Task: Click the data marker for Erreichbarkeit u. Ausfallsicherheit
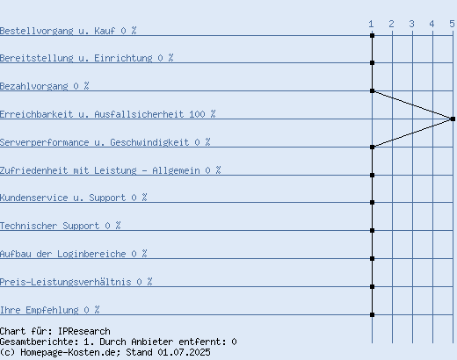(x=453, y=119)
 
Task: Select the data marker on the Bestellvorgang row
(x=372, y=35)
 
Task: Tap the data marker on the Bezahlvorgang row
(x=372, y=90)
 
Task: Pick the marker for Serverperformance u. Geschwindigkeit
(x=372, y=147)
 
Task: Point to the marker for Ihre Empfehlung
(x=372, y=314)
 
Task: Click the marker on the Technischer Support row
(x=372, y=230)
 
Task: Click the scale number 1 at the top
(x=371, y=24)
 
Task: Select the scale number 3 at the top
(x=411, y=24)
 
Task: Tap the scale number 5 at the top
(x=452, y=24)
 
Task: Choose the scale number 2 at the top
(x=391, y=24)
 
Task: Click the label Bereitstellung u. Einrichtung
(x=76, y=58)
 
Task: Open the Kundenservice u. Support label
(x=62, y=198)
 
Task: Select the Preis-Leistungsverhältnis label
(x=66, y=282)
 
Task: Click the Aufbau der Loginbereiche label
(x=62, y=254)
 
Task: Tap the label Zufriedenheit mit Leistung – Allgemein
(x=100, y=170)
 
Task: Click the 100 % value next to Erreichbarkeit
(x=202, y=114)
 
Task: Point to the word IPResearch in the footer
(x=84, y=331)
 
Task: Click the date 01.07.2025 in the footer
(x=184, y=352)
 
